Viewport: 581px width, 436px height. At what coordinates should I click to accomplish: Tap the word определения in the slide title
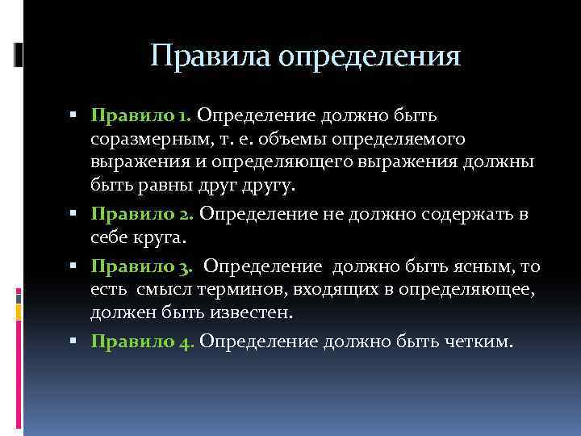pyautogui.click(x=370, y=58)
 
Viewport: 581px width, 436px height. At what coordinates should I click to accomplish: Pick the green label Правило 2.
pyautogui.click(x=142, y=214)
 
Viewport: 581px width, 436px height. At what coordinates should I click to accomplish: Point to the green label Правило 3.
pyautogui.click(x=142, y=266)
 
